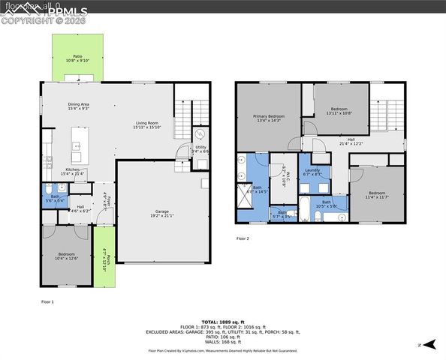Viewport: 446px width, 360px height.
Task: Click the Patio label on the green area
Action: (x=77, y=58)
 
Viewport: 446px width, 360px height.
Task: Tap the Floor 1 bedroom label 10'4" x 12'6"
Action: (x=66, y=257)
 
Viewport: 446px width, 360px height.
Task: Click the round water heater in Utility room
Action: (x=200, y=133)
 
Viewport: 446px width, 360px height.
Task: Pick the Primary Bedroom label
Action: (x=268, y=118)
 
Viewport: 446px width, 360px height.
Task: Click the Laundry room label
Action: (x=312, y=172)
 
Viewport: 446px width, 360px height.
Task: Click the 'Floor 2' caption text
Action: (x=243, y=238)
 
